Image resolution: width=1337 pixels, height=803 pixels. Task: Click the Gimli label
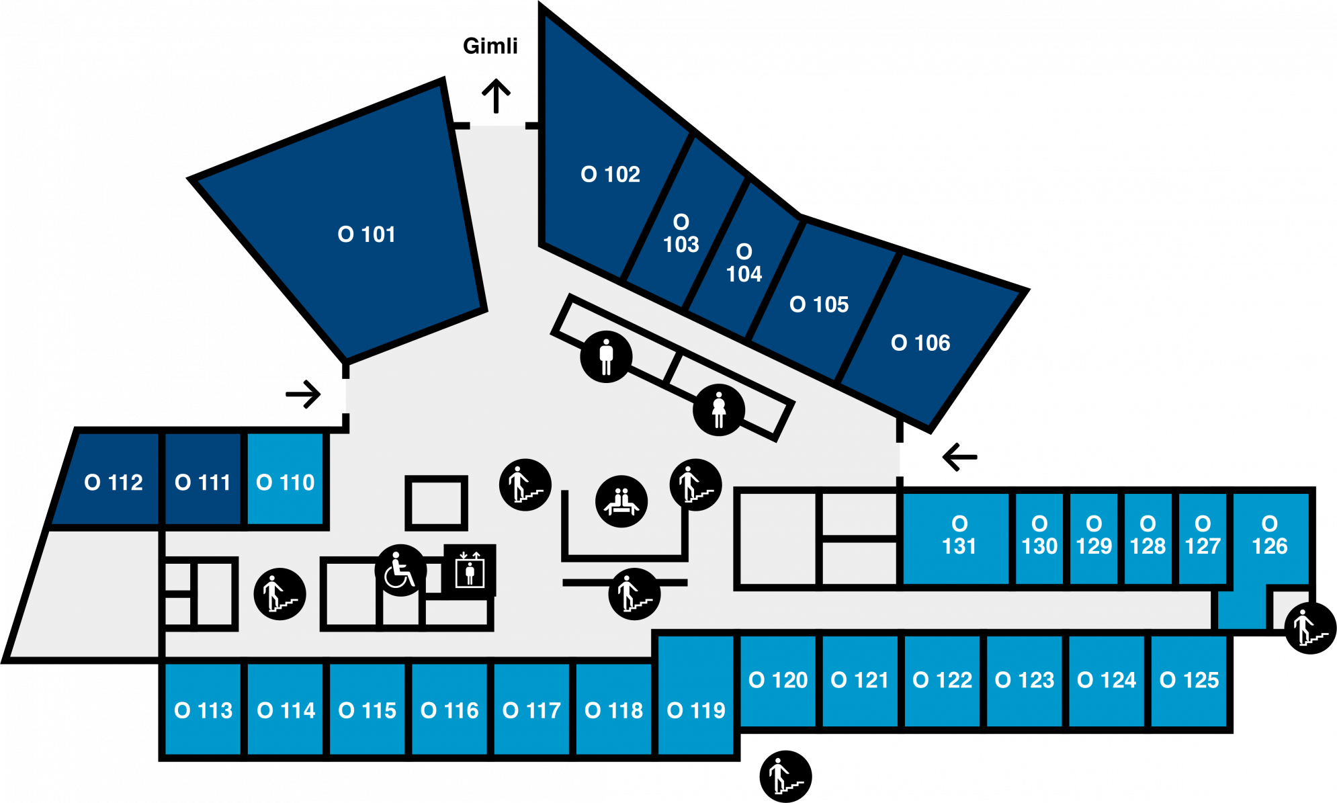pos(490,46)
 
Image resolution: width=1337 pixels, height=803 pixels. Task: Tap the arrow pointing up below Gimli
pos(497,96)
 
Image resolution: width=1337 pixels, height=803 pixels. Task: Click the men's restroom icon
pos(606,356)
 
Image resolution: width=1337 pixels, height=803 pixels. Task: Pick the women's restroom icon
pos(719,410)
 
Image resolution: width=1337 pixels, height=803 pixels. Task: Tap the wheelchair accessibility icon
pos(400,570)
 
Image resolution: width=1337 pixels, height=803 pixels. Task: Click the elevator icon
pos(470,570)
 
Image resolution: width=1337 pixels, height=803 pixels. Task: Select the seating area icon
pos(621,501)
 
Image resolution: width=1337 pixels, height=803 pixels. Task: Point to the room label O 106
pos(920,343)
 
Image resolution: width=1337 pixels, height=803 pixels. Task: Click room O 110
pos(286,479)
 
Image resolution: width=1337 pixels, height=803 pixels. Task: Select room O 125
pos(1189,681)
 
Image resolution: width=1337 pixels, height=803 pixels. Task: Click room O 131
pos(956,538)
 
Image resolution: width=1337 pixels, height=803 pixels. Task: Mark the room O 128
pos(1148,538)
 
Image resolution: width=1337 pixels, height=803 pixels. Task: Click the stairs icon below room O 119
pos(785,776)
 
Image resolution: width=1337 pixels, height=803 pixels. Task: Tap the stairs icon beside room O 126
pos(1310,628)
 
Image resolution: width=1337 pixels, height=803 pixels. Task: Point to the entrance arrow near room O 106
pos(959,457)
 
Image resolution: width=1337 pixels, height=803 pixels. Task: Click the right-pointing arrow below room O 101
pos(303,394)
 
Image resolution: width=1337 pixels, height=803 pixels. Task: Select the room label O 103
pos(681,233)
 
